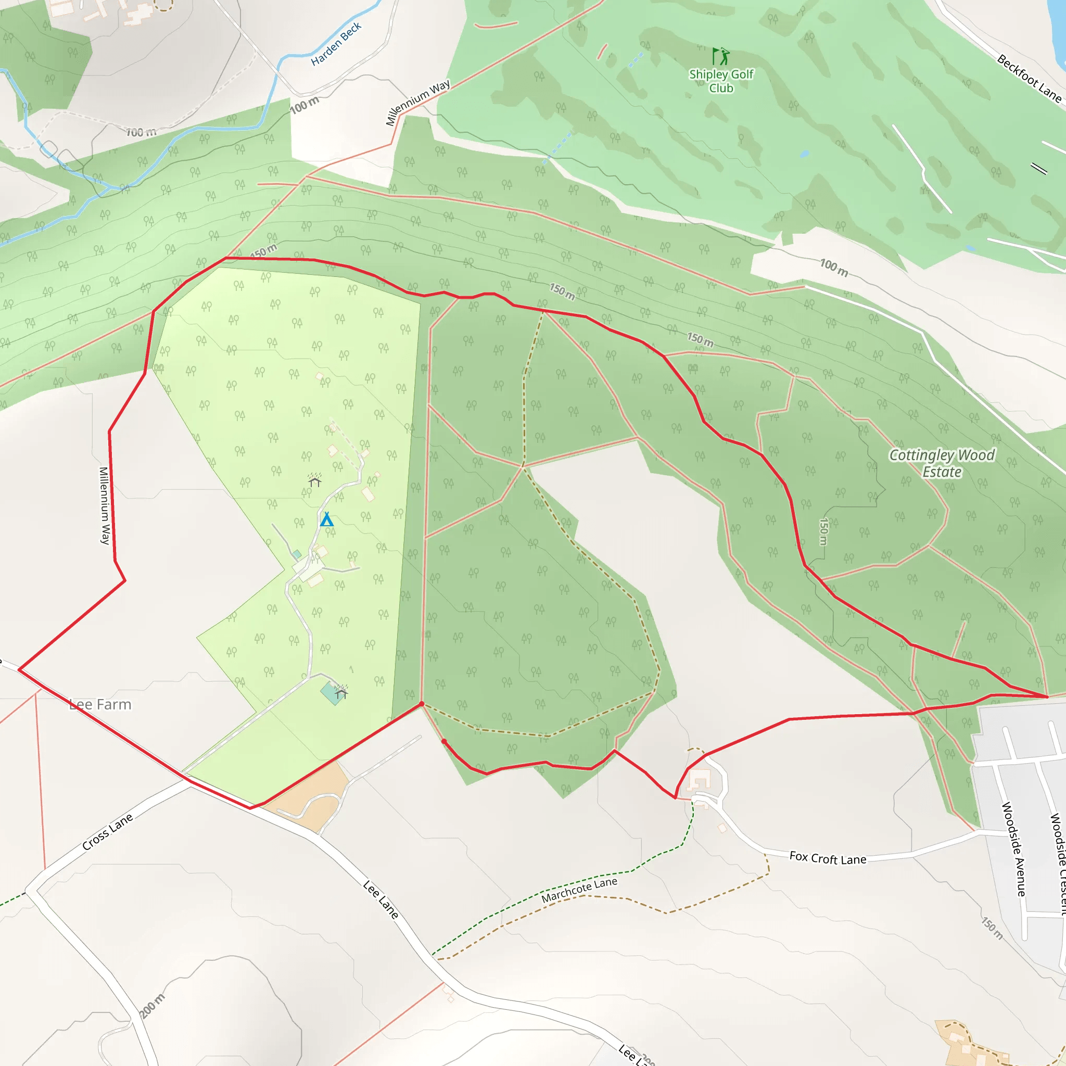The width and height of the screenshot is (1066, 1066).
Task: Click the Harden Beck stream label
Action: (x=336, y=44)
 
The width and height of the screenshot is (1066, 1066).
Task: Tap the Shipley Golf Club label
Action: (x=720, y=81)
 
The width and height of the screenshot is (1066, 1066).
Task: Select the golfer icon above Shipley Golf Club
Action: (x=720, y=56)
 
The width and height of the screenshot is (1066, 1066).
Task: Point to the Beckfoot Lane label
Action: (x=1029, y=79)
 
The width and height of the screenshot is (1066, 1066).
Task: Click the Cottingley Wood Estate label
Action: (x=942, y=463)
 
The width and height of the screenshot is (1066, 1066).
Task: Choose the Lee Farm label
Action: (x=100, y=705)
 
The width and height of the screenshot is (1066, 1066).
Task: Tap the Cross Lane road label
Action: (x=108, y=831)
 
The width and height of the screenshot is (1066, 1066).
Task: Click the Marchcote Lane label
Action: (x=579, y=890)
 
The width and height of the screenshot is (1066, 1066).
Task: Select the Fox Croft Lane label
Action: (x=828, y=858)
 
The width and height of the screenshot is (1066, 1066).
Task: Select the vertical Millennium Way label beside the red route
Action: (x=104, y=505)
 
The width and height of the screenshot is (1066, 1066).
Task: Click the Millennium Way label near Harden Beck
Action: (x=417, y=103)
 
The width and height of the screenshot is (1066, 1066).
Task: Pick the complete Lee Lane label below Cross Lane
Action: (x=380, y=899)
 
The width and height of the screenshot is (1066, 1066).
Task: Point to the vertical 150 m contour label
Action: (x=823, y=531)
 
